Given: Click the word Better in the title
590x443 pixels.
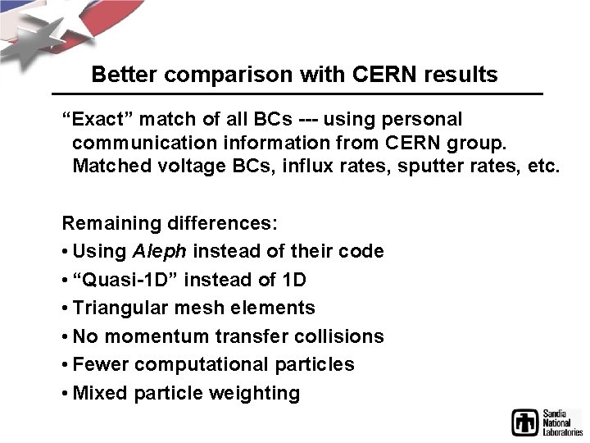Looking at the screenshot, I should point(123,75).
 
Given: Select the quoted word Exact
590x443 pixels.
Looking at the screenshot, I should point(97,120).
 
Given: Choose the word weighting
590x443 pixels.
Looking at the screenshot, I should point(255,393).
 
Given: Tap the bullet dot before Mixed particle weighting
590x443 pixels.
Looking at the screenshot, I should point(66,393).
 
